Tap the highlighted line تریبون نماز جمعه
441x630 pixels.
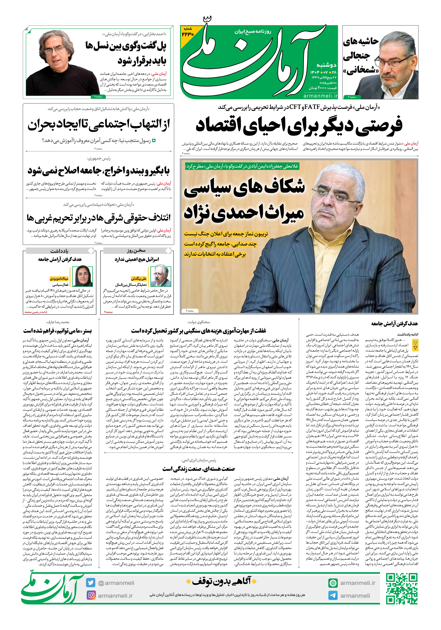pyautogui.click(x=226, y=234)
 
